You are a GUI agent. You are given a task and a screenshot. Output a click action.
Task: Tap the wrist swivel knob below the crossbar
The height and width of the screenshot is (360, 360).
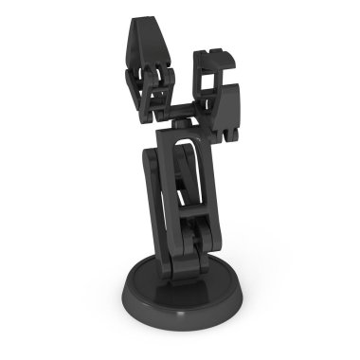tap(180, 124)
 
